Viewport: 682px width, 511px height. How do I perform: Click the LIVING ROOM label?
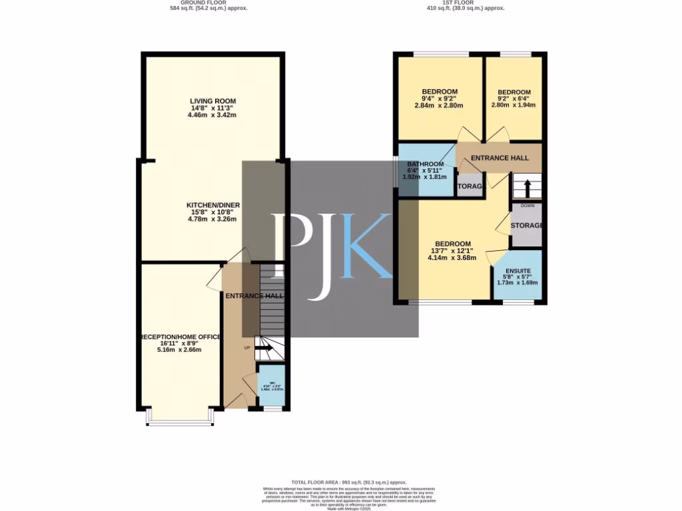[x=212, y=100]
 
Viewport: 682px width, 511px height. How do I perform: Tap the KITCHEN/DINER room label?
[x=212, y=205]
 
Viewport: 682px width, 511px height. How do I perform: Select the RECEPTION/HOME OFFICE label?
[x=180, y=337]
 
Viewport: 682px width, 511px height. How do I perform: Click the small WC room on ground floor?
[x=270, y=387]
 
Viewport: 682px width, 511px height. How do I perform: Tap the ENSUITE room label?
[x=517, y=271]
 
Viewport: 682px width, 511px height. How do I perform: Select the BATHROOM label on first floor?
[x=426, y=164]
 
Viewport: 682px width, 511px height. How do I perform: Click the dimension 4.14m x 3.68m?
[x=452, y=257]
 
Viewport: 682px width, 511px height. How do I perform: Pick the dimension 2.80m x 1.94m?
[x=514, y=104]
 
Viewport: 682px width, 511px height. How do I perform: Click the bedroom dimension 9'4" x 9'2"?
[x=439, y=98]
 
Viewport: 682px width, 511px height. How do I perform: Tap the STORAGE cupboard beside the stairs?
[x=526, y=226]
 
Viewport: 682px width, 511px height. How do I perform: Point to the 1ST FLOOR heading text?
[x=464, y=3]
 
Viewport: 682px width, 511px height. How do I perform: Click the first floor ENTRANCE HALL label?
[x=500, y=158]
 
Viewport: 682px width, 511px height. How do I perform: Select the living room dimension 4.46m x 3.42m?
[x=212, y=114]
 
